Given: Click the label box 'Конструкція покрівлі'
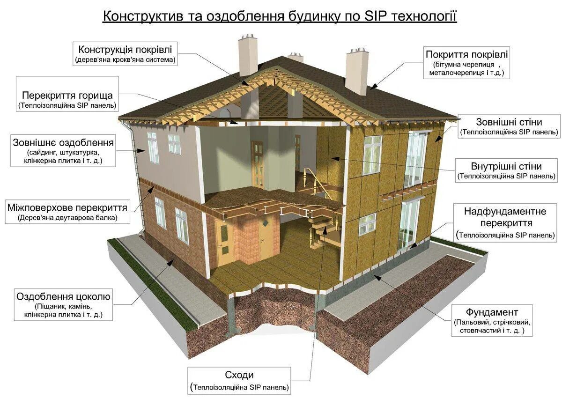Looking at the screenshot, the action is [125, 53].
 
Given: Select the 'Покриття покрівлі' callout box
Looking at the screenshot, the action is [466, 61].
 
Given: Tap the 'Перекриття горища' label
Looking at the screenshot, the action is [67, 99].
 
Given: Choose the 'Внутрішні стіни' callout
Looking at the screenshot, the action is [506, 170].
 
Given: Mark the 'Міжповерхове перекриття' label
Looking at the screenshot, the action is [67, 212].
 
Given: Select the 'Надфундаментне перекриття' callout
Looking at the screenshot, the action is [505, 222].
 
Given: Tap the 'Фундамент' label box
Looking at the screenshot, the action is [492, 320].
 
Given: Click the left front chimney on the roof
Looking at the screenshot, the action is [248, 56].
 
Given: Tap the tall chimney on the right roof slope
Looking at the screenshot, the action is [357, 71].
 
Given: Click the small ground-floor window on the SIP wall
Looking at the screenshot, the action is [367, 224].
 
